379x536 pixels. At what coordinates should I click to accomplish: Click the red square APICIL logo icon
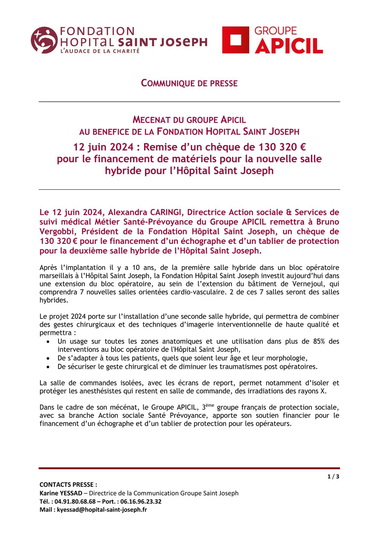tap(236, 40)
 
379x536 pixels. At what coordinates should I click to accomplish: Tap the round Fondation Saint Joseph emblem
tap(44, 40)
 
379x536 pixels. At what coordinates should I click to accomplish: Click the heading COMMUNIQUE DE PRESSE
tap(189, 83)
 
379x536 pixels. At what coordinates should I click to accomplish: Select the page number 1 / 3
tap(333, 476)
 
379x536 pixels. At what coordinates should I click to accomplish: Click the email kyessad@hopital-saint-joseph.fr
tap(102, 509)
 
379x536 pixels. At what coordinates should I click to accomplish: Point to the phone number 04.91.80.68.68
tap(75, 501)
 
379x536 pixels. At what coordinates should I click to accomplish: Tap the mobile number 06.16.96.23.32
tap(141, 501)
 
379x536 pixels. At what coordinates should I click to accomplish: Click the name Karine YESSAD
tap(61, 493)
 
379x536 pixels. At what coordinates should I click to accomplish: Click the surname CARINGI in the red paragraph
tap(166, 212)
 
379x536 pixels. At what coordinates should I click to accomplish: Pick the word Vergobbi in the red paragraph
tap(58, 231)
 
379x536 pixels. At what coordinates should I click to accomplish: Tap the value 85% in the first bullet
tap(319, 341)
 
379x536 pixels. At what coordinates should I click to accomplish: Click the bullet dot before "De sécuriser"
tap(48, 367)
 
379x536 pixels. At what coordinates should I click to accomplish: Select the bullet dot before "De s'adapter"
tap(48, 358)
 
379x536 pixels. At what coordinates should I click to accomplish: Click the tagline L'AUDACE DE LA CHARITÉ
tap(100, 51)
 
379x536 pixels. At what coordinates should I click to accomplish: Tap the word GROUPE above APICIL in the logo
tap(275, 31)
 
